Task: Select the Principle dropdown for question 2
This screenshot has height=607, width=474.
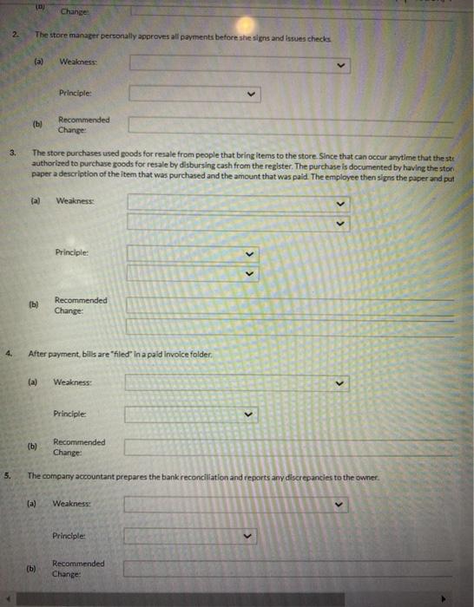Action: tap(194, 93)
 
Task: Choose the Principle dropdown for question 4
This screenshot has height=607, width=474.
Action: tap(192, 414)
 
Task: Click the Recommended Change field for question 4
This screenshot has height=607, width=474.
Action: tap(287, 447)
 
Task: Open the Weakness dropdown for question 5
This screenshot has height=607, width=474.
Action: tap(235, 504)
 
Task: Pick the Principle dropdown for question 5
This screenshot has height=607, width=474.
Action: tap(192, 536)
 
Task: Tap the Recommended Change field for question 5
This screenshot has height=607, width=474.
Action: tap(287, 569)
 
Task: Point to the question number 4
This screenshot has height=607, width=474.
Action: tap(8, 354)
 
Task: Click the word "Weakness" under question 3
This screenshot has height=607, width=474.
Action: tap(75, 201)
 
